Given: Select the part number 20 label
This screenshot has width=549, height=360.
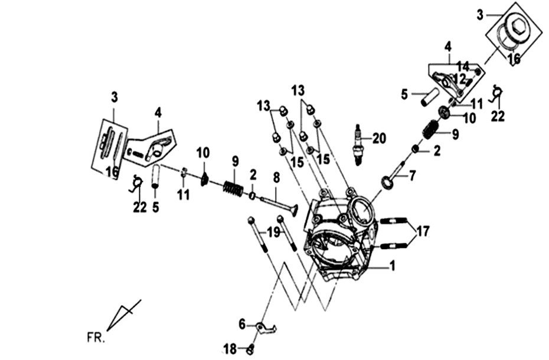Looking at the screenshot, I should (378, 139).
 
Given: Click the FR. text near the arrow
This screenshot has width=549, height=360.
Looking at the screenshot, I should (94, 338).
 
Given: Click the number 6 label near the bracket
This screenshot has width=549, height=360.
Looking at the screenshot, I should (242, 324).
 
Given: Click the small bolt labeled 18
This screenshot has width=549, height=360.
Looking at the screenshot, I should (250, 349).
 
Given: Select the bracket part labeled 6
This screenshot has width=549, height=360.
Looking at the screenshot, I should (264, 328).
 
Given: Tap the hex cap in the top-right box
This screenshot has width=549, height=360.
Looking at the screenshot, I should (518, 26).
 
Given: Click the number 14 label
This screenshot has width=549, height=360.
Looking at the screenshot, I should (463, 66).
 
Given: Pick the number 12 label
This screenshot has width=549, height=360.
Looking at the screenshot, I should (460, 78).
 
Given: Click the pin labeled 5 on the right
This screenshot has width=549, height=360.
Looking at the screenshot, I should (429, 96).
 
